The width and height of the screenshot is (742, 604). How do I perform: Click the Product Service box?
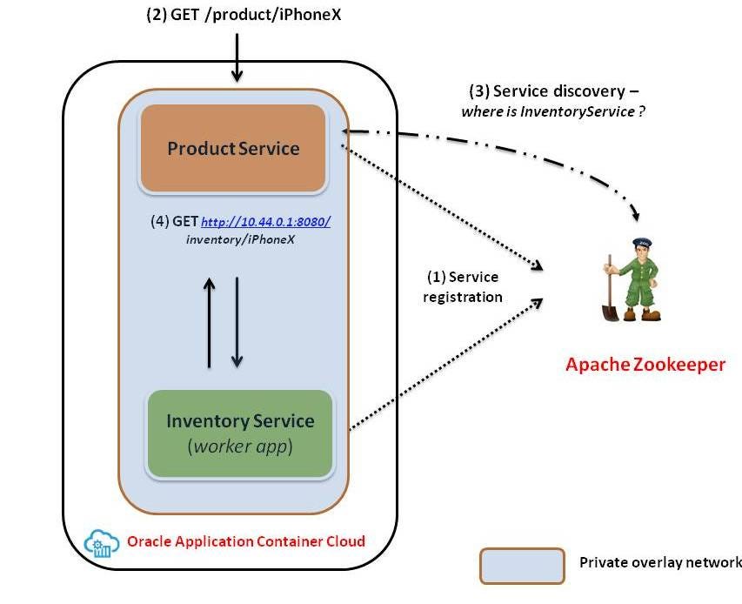[233, 148]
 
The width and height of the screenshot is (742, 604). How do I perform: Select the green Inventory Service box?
[240, 433]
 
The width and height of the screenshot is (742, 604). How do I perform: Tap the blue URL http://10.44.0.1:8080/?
[265, 221]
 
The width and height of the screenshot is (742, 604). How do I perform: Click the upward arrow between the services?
[209, 322]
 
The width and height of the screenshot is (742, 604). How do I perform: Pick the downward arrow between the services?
[237, 322]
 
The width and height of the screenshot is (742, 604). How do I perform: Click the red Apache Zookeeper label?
[645, 365]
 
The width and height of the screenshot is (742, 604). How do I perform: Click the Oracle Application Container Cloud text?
[246, 541]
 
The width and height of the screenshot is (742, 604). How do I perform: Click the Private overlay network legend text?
[659, 563]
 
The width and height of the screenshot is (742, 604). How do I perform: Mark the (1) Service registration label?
[463, 287]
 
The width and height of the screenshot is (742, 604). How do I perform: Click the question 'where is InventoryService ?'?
[553, 111]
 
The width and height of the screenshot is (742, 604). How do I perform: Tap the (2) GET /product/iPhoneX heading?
[237, 15]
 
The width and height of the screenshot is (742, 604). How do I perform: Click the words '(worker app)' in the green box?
[240, 448]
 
